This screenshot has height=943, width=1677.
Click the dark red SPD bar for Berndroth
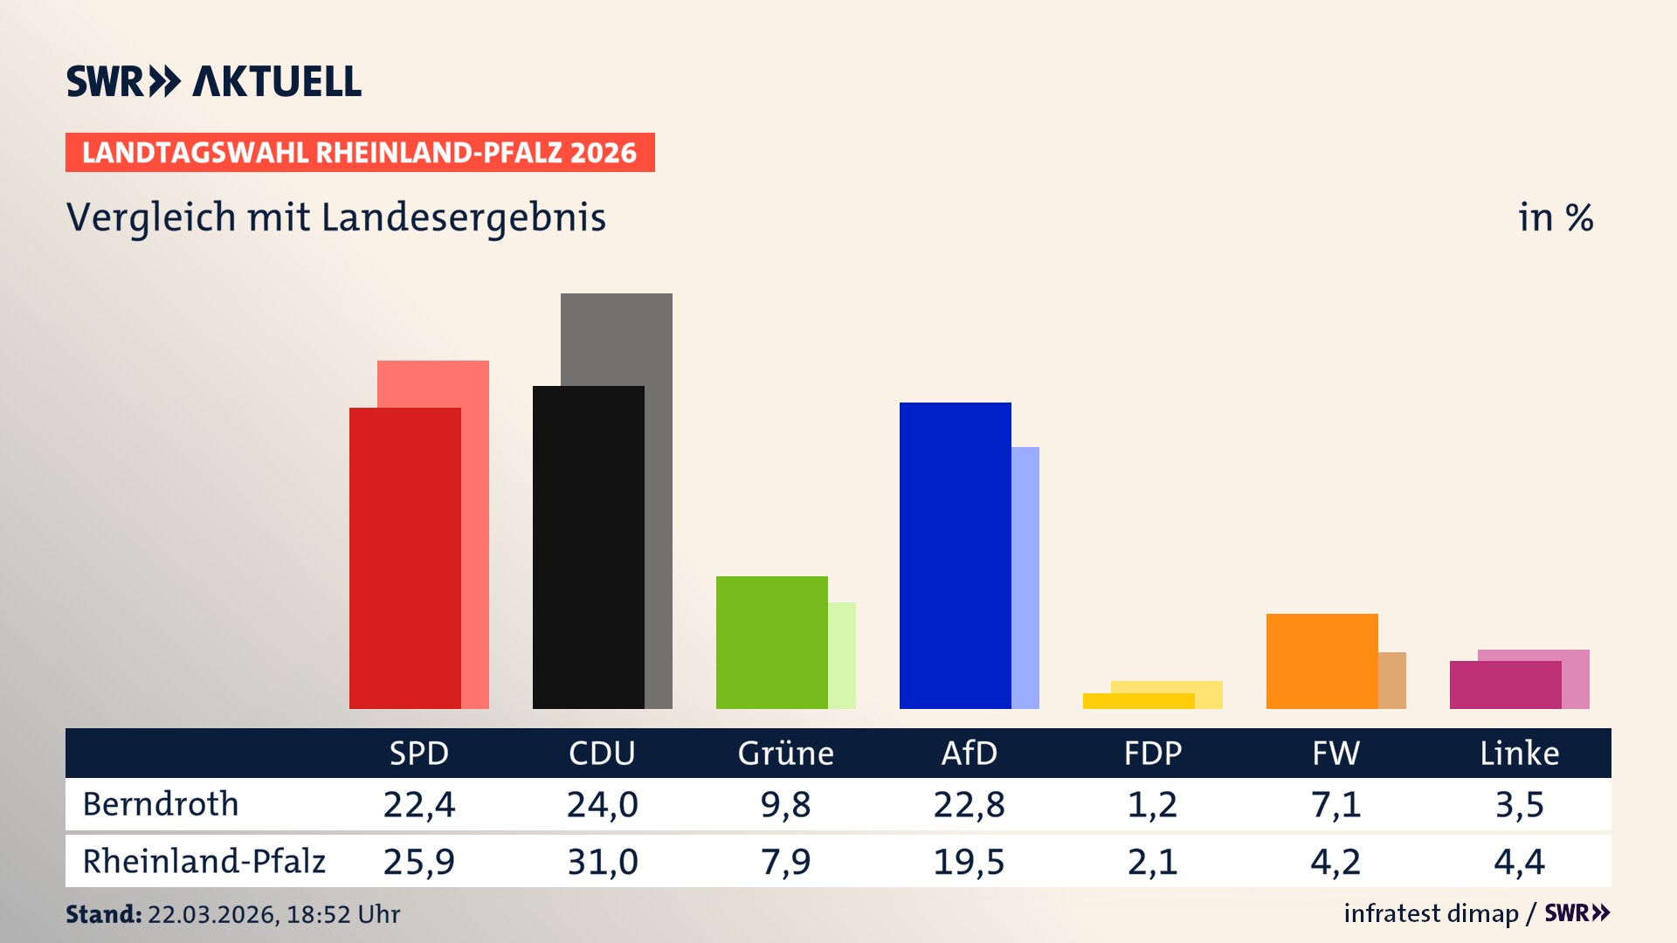click(x=405, y=559)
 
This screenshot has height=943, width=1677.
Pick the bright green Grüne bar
click(x=772, y=643)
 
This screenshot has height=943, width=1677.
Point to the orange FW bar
click(x=1322, y=661)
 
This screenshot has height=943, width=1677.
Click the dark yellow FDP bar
click(x=1139, y=701)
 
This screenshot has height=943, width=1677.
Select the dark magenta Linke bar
click(x=1506, y=685)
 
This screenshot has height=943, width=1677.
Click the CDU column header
click(x=602, y=754)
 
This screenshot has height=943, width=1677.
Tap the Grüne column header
click(x=785, y=754)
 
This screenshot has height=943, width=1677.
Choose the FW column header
click(x=1335, y=754)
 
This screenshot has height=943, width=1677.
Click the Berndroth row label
click(x=161, y=804)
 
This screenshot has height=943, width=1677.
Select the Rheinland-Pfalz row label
click(x=204, y=862)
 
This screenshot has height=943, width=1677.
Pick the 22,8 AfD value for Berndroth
click(x=969, y=804)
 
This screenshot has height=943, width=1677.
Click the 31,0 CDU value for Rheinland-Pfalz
click(x=602, y=862)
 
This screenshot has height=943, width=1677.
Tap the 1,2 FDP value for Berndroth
click(x=1152, y=804)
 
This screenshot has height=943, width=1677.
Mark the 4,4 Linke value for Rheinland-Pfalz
click(x=1519, y=862)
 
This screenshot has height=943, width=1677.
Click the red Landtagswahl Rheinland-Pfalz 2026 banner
click(x=360, y=153)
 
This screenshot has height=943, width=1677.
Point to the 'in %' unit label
click(x=1555, y=217)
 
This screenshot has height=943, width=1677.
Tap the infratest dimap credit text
click(x=1431, y=913)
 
